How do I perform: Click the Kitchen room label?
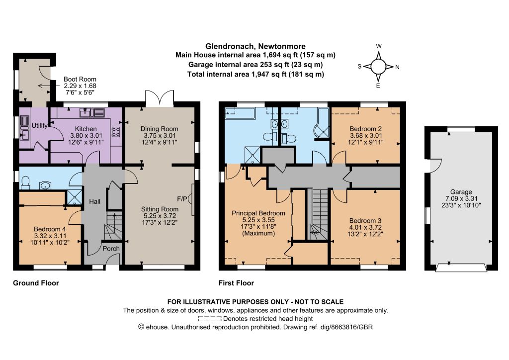coord(85,129)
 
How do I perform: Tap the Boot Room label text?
coord(80,79)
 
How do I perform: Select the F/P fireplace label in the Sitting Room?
coord(182,199)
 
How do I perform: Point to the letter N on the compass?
coord(397,67)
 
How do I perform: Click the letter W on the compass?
coord(379,46)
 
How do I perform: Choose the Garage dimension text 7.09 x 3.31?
coord(461,199)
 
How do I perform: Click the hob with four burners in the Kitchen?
coord(116,131)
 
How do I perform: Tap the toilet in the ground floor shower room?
coord(25,183)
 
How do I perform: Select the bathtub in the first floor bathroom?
coord(241,113)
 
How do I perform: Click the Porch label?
coord(111,249)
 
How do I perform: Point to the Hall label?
coord(95,201)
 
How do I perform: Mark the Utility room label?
coord(40,126)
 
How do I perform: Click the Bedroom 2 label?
coord(365,129)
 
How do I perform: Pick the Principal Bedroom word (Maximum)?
coord(258,233)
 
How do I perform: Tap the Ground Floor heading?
coord(36,283)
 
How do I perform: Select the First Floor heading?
coord(236,283)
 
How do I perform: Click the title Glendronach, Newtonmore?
coord(255,46)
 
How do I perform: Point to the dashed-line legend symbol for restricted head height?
coord(210,319)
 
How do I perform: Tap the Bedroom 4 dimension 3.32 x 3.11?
coord(50,236)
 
